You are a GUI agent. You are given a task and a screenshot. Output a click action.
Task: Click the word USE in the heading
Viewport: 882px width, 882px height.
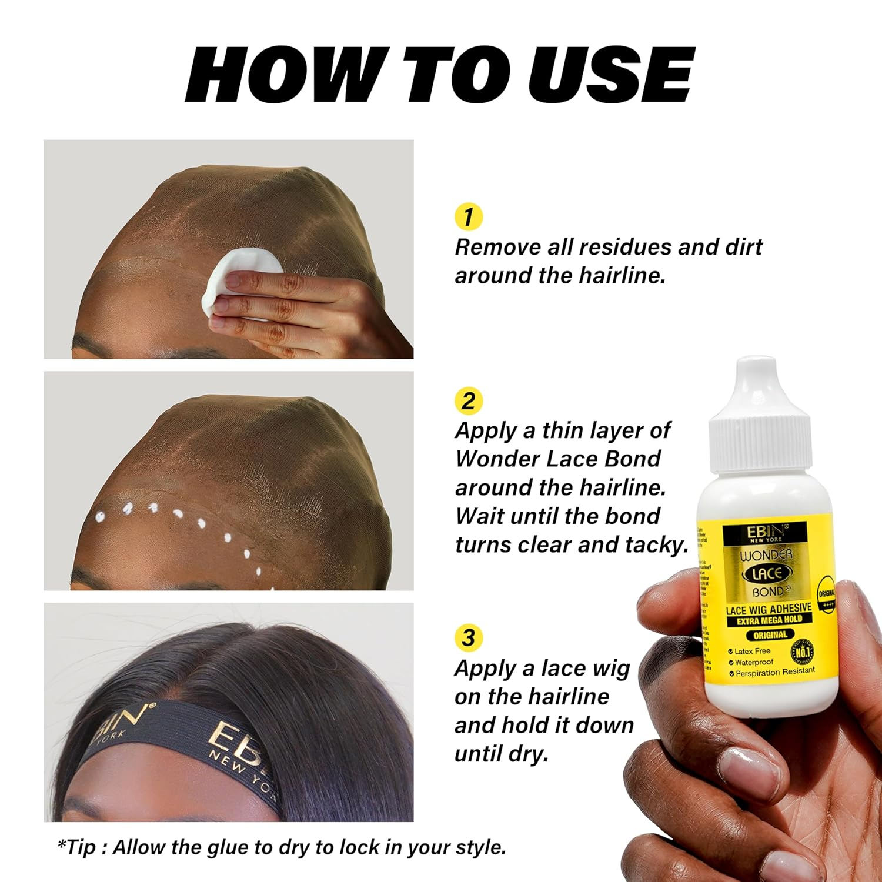(612, 75)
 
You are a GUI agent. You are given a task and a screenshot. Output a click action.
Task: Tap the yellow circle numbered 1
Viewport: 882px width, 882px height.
(469, 217)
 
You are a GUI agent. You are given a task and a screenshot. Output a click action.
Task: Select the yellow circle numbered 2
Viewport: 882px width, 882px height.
(469, 401)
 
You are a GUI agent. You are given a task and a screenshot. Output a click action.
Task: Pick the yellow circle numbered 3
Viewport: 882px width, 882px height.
(469, 638)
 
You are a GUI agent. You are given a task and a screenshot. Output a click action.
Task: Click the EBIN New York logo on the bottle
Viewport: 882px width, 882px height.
(764, 534)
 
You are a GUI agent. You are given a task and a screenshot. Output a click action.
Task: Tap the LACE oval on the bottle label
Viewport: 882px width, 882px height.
(767, 573)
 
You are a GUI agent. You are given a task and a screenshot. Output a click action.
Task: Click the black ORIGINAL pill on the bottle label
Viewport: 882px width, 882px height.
(770, 635)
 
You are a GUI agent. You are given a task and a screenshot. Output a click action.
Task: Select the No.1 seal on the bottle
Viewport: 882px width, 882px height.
(803, 652)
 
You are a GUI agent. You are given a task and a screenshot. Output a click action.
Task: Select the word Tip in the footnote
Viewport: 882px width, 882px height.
(81, 847)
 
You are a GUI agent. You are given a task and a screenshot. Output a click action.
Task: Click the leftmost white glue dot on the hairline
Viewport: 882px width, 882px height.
(101, 518)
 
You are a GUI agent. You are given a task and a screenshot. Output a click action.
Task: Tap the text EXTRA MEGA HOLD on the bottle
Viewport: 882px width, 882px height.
(769, 620)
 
